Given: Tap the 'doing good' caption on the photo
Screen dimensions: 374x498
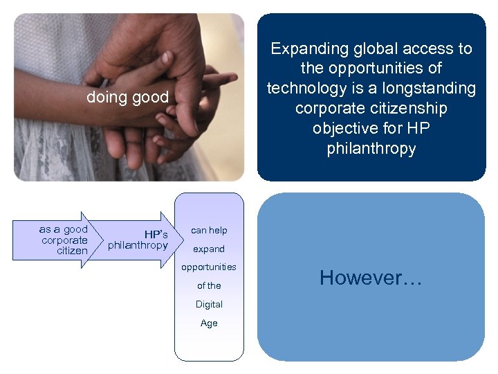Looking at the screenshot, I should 127,98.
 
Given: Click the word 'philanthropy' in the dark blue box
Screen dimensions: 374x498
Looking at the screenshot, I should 371,149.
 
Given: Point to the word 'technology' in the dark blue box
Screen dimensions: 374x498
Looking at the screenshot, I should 304,89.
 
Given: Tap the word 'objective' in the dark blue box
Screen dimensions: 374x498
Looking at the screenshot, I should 346,129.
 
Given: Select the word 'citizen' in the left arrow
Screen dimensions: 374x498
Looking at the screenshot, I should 73,251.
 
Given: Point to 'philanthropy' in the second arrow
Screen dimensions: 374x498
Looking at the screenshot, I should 138,245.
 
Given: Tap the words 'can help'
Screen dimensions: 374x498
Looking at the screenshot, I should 209,230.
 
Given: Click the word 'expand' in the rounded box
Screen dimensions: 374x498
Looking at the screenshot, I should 209,249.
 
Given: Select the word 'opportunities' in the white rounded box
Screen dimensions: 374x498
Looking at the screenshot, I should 209,267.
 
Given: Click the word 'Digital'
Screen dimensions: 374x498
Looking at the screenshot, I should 209,304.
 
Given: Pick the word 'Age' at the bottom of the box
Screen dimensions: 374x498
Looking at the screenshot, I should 209,323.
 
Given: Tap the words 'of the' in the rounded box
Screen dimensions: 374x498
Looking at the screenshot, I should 209,285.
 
